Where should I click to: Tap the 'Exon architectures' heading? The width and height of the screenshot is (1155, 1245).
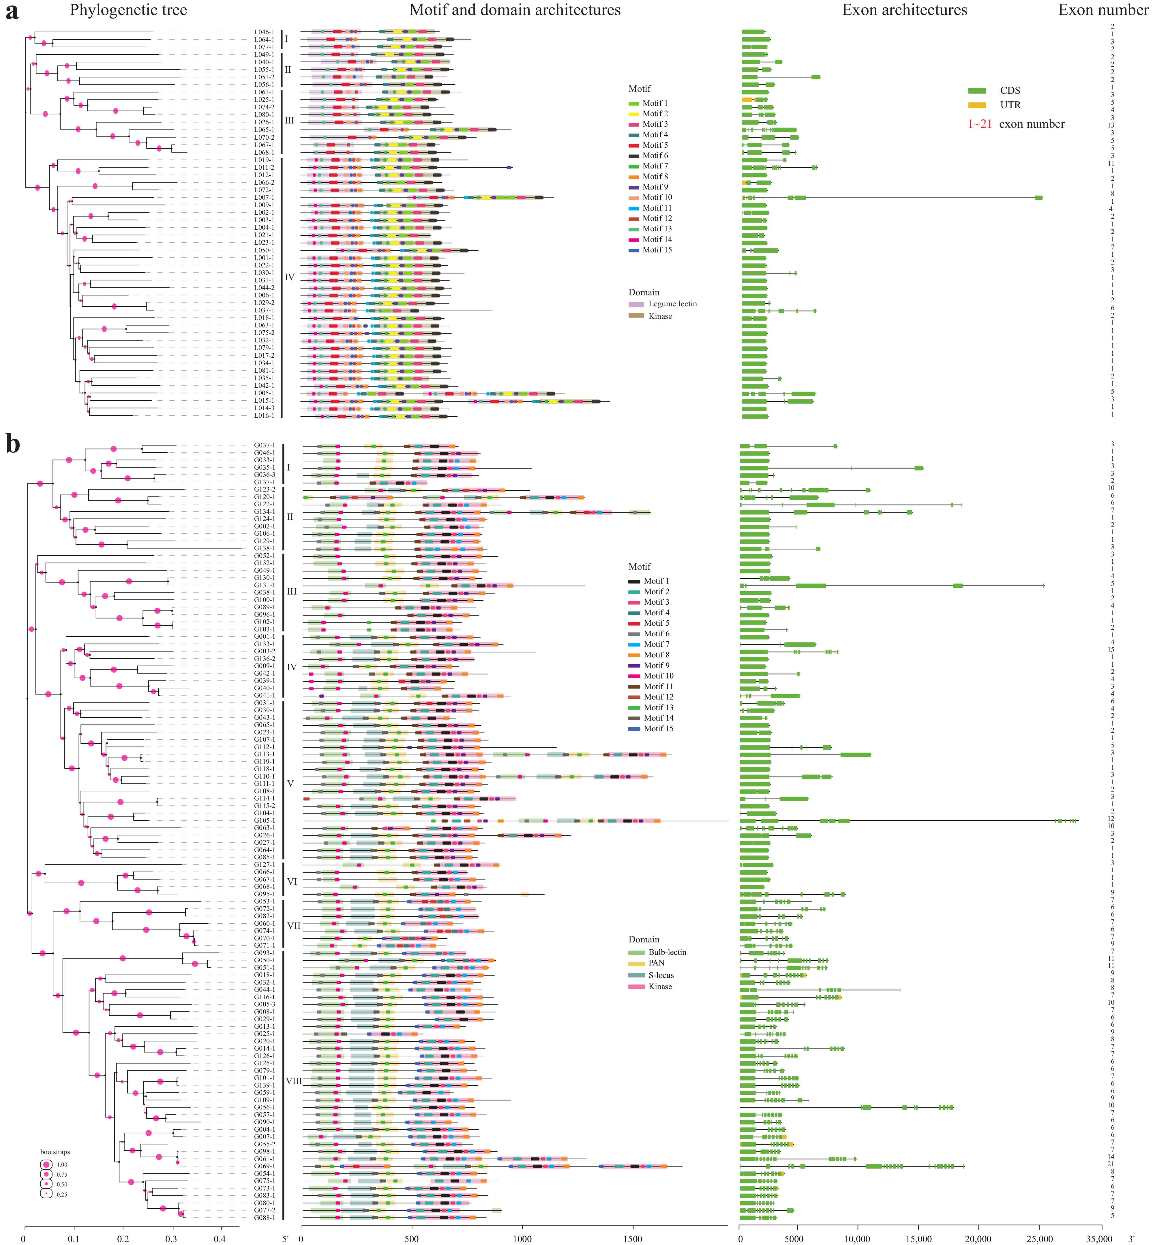pyautogui.click(x=904, y=10)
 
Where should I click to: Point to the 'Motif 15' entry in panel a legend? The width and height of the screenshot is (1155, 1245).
pyautogui.click(x=657, y=250)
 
